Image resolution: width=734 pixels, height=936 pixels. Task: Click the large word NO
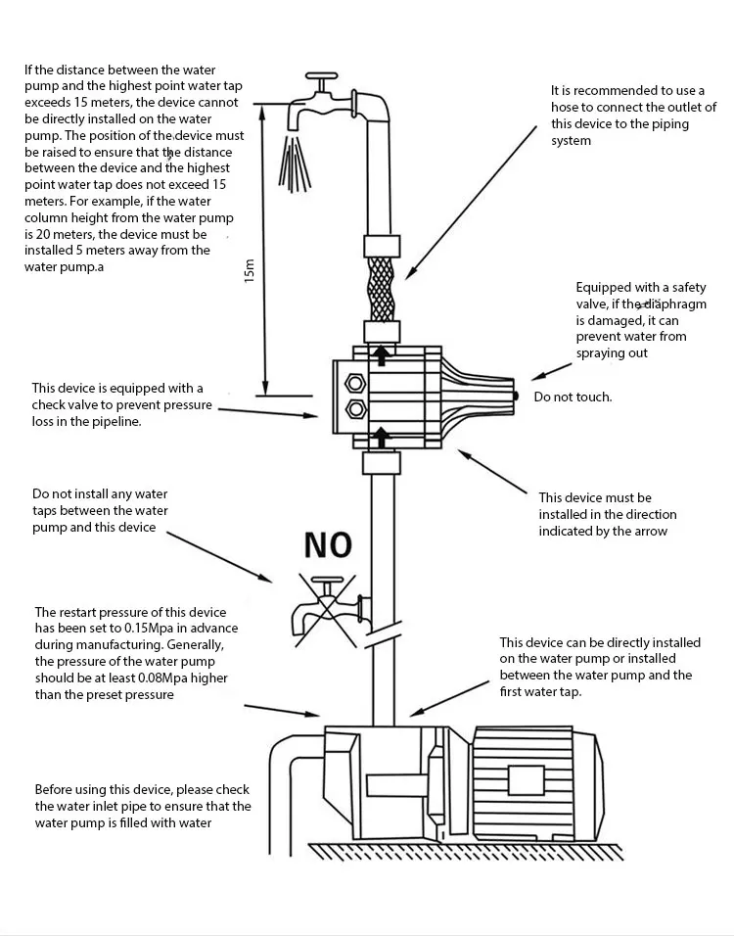pos(327,544)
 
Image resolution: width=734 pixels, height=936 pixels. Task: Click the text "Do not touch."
pos(573,397)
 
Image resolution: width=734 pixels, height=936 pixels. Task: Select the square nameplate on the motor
pos(526,779)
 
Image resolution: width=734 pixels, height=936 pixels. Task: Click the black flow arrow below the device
pos(382,437)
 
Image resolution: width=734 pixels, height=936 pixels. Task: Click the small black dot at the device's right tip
pos(516,395)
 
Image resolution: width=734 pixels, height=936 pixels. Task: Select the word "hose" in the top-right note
pos(568,108)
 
